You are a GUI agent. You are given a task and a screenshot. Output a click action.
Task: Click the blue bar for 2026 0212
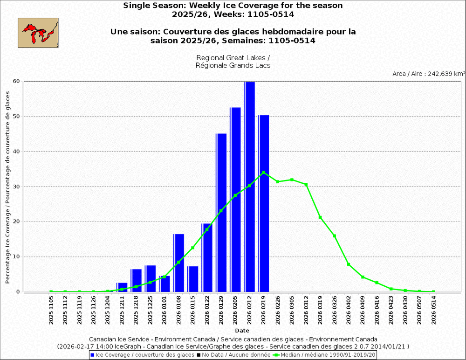click(x=250, y=187)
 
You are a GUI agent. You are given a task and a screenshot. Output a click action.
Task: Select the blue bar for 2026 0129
click(x=221, y=213)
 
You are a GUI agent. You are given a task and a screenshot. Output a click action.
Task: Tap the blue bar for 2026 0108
click(x=179, y=263)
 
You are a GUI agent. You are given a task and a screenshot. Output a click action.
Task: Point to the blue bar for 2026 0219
click(x=264, y=203)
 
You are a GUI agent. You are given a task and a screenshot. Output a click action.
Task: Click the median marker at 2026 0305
click(x=292, y=180)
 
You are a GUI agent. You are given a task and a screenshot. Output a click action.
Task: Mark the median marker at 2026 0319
click(x=320, y=217)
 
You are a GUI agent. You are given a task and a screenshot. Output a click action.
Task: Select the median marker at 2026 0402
click(x=349, y=264)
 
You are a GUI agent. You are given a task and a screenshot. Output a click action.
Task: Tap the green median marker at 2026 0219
click(x=264, y=173)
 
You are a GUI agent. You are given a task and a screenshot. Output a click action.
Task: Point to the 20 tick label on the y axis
click(x=16, y=222)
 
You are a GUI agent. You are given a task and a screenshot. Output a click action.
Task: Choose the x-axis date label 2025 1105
click(x=51, y=310)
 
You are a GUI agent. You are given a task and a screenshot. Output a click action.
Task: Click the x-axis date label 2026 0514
click(x=434, y=310)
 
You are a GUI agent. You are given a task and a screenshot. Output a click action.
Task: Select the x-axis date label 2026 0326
click(x=335, y=310)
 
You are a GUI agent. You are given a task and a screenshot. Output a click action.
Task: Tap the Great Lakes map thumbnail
click(x=38, y=33)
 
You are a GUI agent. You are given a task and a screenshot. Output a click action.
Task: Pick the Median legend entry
click(x=327, y=355)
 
